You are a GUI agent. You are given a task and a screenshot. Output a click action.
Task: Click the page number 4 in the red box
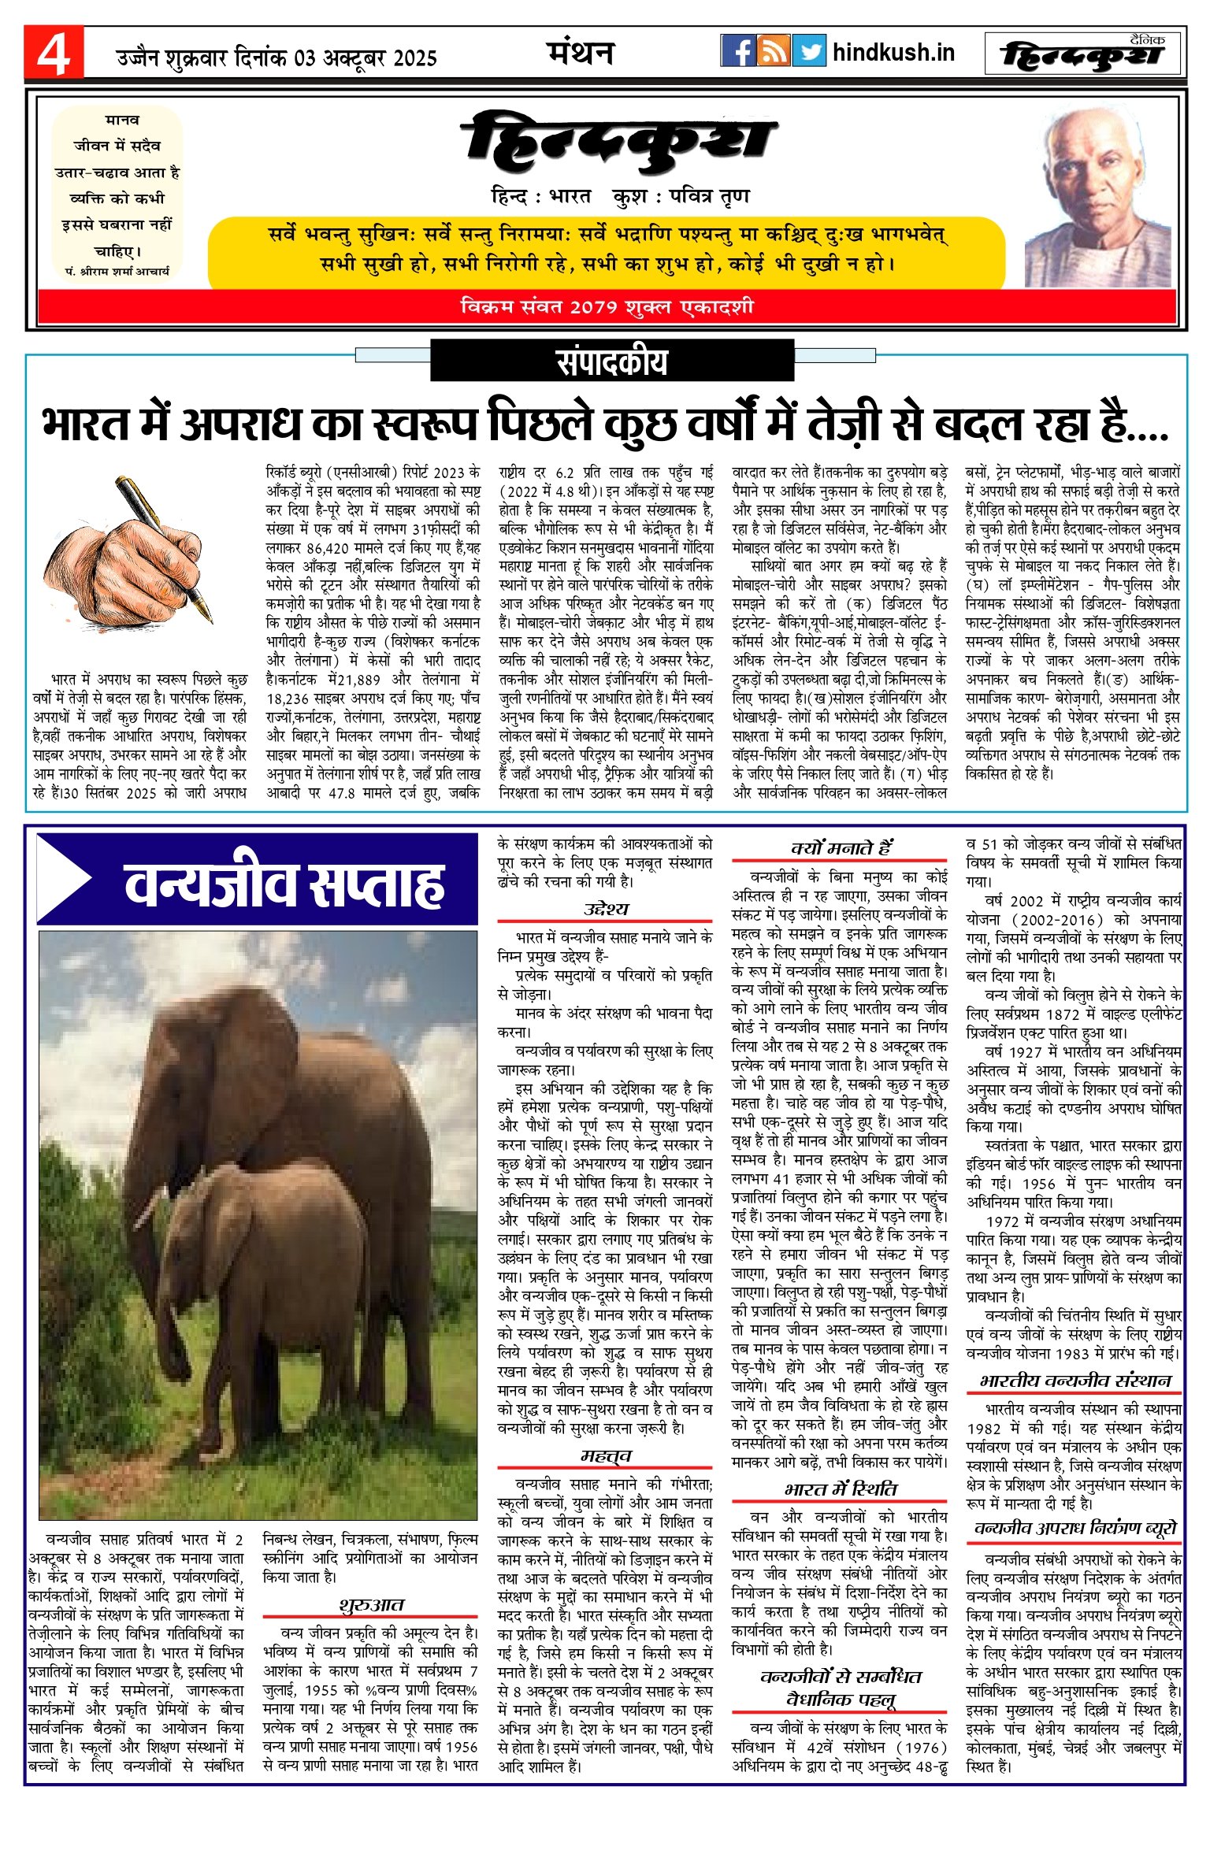tap(54, 54)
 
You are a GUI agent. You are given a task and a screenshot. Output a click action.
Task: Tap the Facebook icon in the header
tap(738, 51)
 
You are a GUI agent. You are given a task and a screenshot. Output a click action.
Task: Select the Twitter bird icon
tap(809, 51)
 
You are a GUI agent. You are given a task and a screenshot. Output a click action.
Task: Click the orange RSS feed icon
tap(774, 51)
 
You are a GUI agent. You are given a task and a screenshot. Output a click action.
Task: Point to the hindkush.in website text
tap(893, 53)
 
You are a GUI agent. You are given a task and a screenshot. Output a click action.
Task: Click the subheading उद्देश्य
tap(606, 908)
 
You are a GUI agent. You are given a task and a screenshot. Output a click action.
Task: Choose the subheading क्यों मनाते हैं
tap(841, 847)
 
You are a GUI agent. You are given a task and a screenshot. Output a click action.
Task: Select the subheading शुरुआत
tap(371, 1604)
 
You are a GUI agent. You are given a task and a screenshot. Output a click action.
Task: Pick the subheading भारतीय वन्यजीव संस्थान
tap(1075, 1381)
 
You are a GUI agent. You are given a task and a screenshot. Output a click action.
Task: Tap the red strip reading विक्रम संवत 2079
tap(607, 306)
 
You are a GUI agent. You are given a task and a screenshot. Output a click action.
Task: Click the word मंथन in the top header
tap(581, 53)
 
